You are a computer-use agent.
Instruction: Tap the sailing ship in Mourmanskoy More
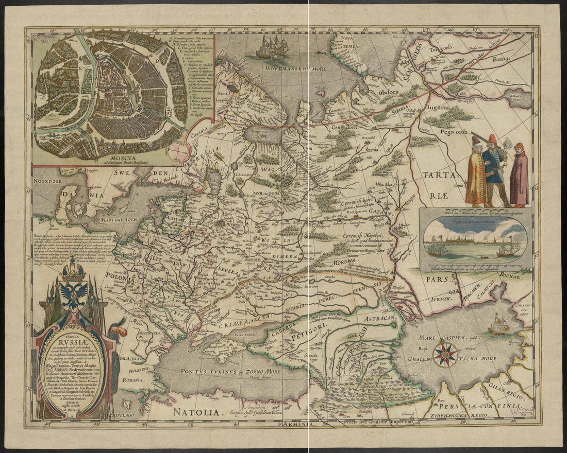pyautogui.click(x=272, y=48)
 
